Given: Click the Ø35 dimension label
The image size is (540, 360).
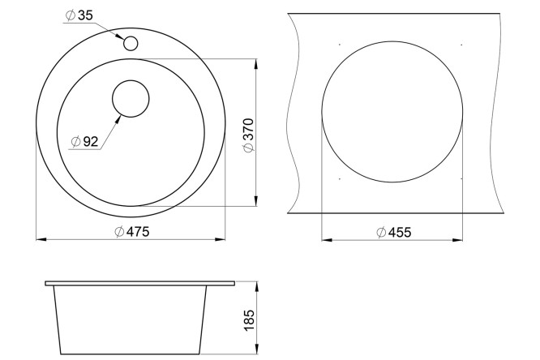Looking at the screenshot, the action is [x=79, y=15].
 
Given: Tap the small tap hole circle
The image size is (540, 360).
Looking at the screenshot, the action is [x=131, y=44].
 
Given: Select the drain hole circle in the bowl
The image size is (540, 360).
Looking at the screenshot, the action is [x=131, y=99].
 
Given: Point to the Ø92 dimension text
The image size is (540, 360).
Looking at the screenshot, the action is [x=84, y=141].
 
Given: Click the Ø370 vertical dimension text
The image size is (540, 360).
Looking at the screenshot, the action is [x=248, y=135].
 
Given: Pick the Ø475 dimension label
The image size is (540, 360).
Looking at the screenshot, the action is [x=132, y=232].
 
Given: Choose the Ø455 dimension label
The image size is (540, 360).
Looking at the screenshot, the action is [x=393, y=233].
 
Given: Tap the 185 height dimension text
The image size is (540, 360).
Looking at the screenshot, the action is [x=249, y=321].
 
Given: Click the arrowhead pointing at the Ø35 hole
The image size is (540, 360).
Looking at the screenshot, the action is [x=119, y=36].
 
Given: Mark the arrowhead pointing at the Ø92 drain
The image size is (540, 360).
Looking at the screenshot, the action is [x=118, y=119].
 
